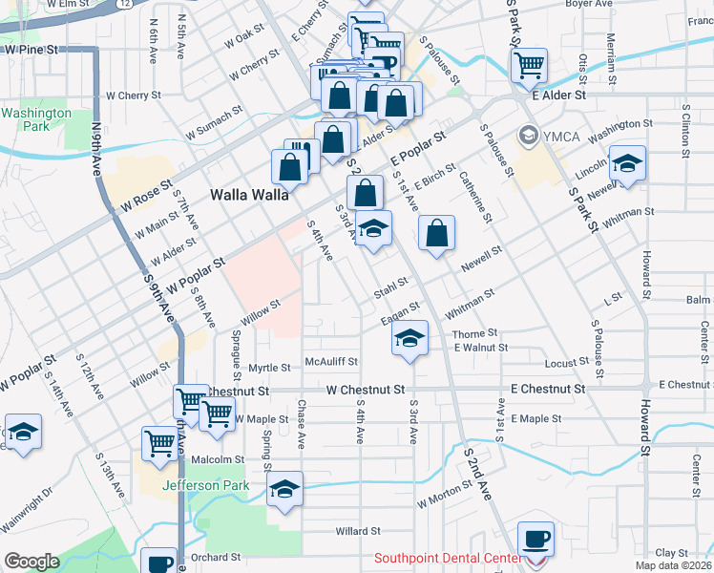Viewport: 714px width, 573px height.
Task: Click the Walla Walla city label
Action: pyautogui.click(x=248, y=195)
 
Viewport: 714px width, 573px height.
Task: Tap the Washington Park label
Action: pyautogui.click(x=35, y=119)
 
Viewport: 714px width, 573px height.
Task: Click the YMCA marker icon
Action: pyautogui.click(x=527, y=136)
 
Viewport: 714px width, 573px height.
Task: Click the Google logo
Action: pyautogui.click(x=31, y=562)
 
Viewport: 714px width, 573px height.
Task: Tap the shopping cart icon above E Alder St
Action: pyautogui.click(x=528, y=66)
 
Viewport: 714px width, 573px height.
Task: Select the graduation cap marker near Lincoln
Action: pyautogui.click(x=627, y=164)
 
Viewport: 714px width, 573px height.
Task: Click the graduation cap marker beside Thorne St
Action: pyautogui.click(x=409, y=339)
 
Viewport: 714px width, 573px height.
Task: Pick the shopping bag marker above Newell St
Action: pyautogui.click(x=436, y=233)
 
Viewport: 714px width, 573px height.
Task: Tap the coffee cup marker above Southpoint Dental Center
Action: pyautogui.click(x=535, y=539)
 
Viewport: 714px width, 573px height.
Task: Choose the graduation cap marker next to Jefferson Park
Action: pyautogui.click(x=283, y=490)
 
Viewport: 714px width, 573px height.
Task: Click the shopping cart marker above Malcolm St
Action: pyautogui.click(x=158, y=442)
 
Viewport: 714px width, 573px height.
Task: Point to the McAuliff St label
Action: pyautogui.click(x=331, y=362)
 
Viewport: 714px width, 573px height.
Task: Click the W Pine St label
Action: pyautogui.click(x=31, y=48)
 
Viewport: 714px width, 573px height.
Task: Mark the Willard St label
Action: pyautogui.click(x=358, y=530)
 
